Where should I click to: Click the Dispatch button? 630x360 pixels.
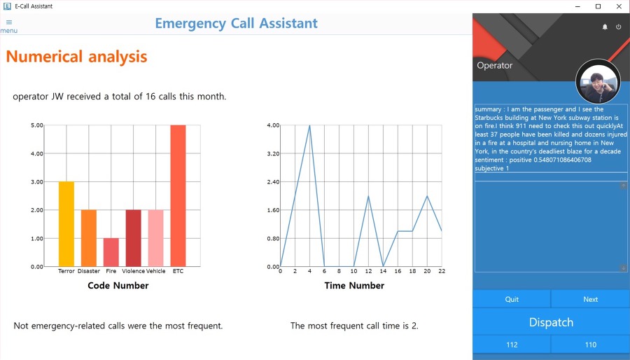click(551, 322)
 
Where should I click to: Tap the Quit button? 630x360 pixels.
click(512, 299)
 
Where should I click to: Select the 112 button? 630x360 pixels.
click(512, 345)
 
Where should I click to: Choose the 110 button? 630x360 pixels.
click(590, 345)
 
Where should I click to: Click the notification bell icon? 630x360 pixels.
click(605, 27)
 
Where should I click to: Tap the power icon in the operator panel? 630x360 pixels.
click(618, 27)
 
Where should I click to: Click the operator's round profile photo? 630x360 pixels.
click(598, 82)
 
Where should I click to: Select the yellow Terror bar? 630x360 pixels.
click(66, 223)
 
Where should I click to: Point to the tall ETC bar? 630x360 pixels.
click(178, 195)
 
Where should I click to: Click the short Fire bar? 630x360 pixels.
click(111, 252)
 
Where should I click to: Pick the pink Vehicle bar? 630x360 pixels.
click(155, 237)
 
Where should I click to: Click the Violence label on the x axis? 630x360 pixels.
click(133, 271)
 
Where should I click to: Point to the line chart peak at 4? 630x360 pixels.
click(309, 126)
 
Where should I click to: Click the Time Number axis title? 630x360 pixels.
click(354, 286)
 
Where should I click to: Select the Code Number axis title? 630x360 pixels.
click(118, 286)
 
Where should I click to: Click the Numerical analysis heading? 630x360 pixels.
click(76, 57)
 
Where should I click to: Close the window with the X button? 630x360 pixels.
click(618, 6)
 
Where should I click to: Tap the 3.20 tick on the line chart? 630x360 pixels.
click(273, 153)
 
